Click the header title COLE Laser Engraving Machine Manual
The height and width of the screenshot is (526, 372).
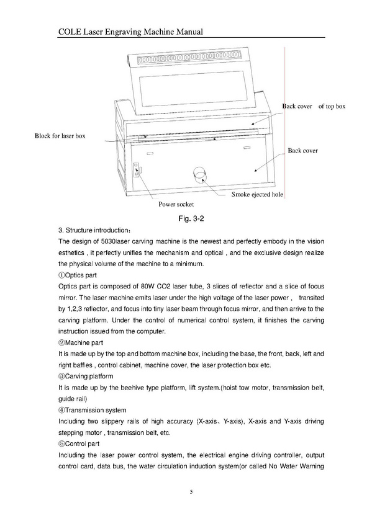tap(130, 32)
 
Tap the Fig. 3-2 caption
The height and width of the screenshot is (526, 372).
tap(191, 219)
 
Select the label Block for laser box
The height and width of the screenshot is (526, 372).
tap(60, 136)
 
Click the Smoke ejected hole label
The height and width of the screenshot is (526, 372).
tap(257, 195)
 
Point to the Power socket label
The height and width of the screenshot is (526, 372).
tap(176, 204)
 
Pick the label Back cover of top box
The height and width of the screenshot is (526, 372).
tap(314, 106)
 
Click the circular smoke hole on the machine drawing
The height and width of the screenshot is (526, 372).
tap(201, 174)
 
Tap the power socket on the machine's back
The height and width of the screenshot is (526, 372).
tap(136, 170)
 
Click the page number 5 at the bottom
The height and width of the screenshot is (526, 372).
tap(191, 492)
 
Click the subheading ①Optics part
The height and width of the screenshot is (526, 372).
tap(78, 275)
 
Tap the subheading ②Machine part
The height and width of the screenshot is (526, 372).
tap(81, 343)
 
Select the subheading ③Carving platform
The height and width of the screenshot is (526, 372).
tap(86, 377)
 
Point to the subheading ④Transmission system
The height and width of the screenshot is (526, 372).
tap(93, 410)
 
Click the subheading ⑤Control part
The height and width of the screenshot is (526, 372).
tap(79, 444)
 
